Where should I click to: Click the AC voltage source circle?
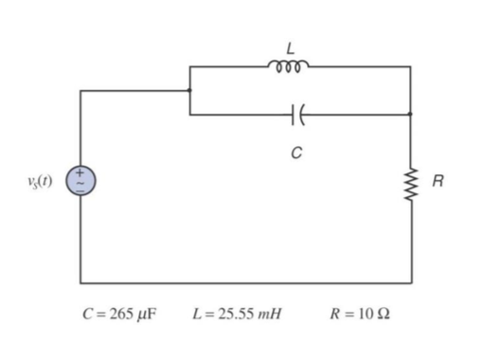[x=80, y=179]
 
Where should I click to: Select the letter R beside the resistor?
[x=437, y=178]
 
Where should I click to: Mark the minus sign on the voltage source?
[x=80, y=188]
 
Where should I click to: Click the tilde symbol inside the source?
[x=80, y=180]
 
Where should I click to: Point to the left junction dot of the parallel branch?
[x=189, y=91]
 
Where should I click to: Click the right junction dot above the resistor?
[x=410, y=114]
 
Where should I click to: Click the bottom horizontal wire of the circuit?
[x=246, y=281]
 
